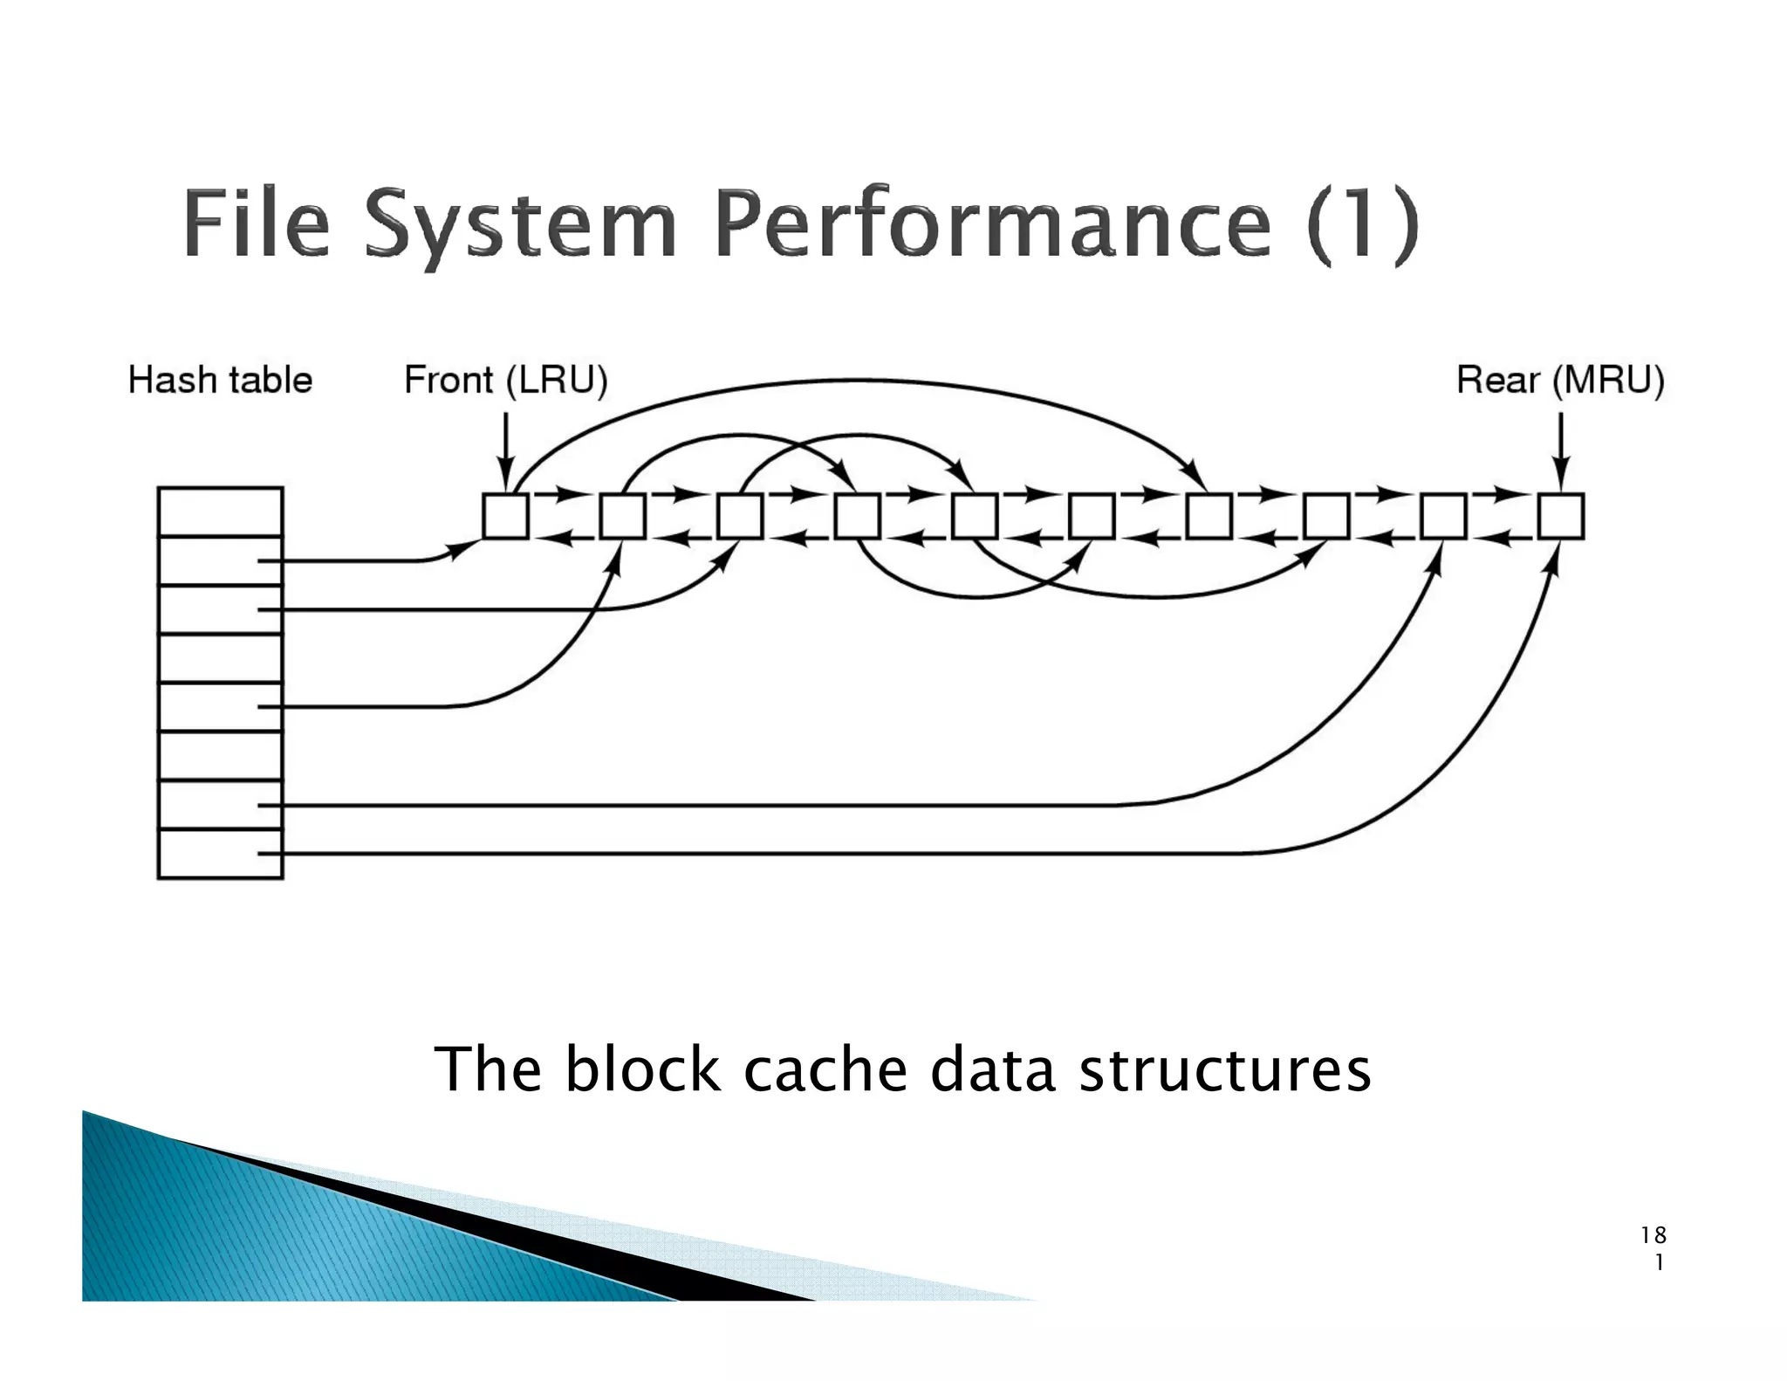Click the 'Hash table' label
pos(220,381)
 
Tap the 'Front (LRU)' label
pos(505,381)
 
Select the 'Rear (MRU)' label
pos(1560,381)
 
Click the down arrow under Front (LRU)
pos(505,450)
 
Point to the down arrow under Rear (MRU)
pos(1562,450)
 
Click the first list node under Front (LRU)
pos(505,516)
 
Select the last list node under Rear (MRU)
pos(1561,516)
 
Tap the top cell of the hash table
pos(220,512)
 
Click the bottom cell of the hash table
pos(220,854)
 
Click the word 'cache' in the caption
pos(825,1069)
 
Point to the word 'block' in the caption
pos(643,1069)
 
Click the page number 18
pos(1653,1235)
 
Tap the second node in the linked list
pos(623,516)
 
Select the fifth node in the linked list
pos(975,516)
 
